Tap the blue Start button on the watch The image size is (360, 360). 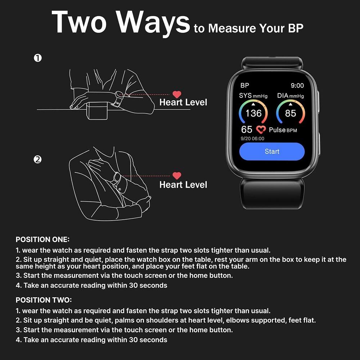[x=272, y=151]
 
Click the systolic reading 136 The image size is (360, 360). [x=253, y=113]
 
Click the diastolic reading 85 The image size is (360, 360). [x=290, y=113]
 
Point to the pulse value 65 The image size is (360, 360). [x=247, y=130]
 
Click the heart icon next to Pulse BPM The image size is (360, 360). [x=261, y=130]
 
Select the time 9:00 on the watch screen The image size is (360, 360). [x=297, y=86]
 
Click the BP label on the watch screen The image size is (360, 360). [x=245, y=86]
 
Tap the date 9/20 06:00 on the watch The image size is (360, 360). [x=252, y=139]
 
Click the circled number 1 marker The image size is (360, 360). [x=38, y=58]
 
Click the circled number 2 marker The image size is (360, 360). [x=38, y=159]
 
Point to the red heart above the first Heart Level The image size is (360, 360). [x=177, y=95]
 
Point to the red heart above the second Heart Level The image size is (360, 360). [x=177, y=176]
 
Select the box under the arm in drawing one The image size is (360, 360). [x=97, y=110]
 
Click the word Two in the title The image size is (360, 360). [x=80, y=22]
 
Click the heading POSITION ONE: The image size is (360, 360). [x=42, y=239]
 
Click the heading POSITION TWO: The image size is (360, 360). [x=44, y=300]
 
